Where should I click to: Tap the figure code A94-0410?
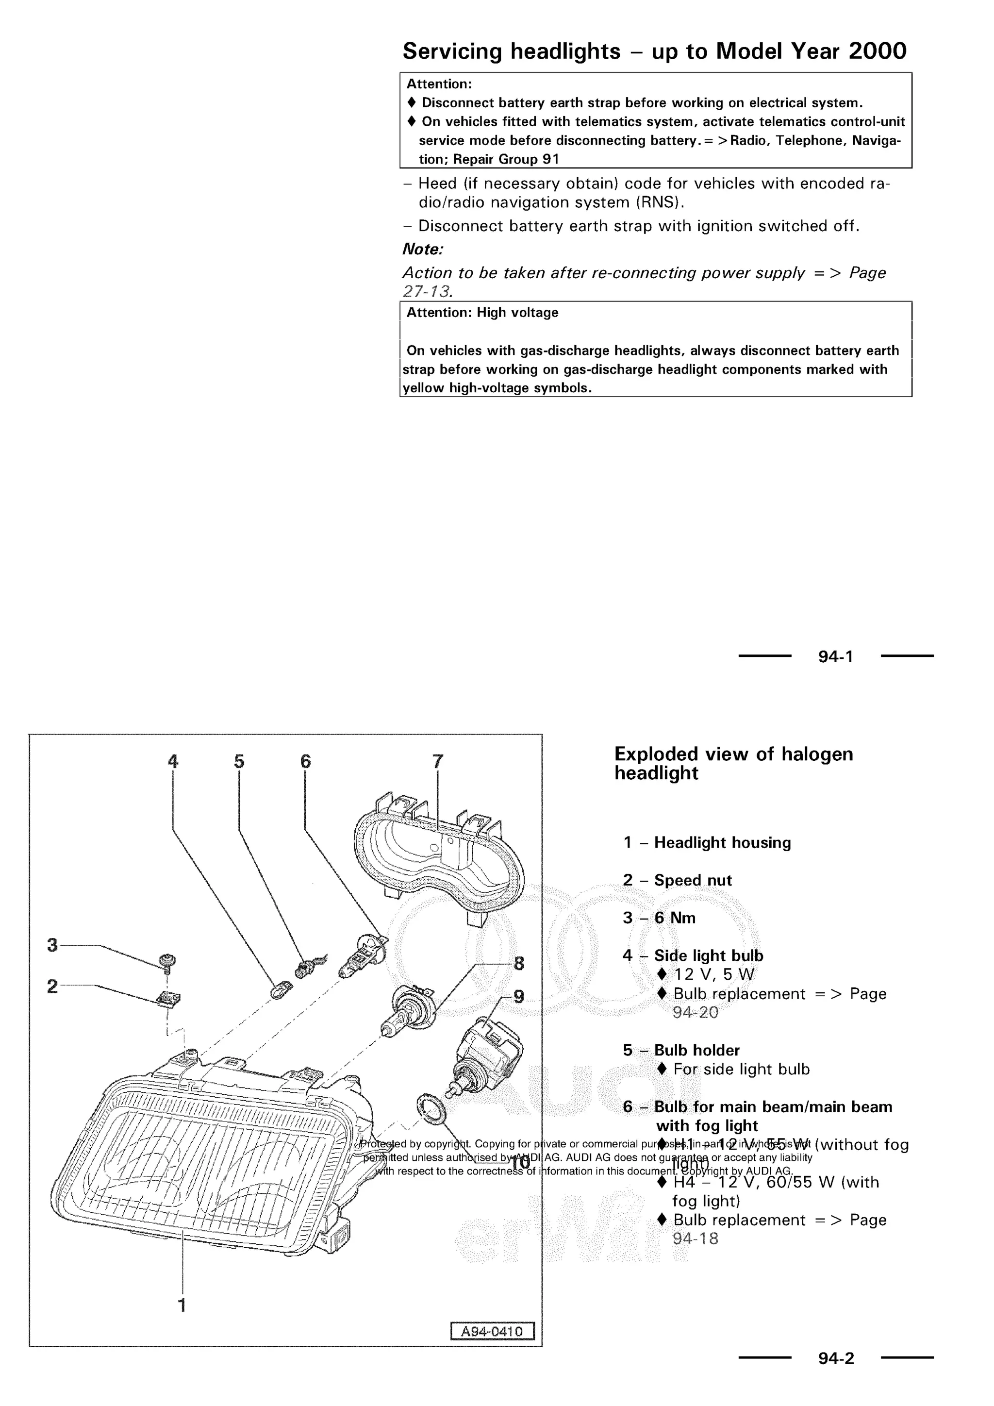click(x=492, y=1331)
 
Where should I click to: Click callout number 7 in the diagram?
click(x=438, y=761)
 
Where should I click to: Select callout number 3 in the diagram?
click(x=52, y=945)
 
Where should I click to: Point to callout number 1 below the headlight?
click(x=182, y=1305)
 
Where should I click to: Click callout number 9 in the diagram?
click(x=518, y=996)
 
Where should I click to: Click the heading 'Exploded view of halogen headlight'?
click(x=733, y=763)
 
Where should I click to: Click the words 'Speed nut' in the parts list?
click(x=693, y=880)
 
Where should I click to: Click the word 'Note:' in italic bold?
click(x=422, y=249)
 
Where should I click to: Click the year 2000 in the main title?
click(x=877, y=51)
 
